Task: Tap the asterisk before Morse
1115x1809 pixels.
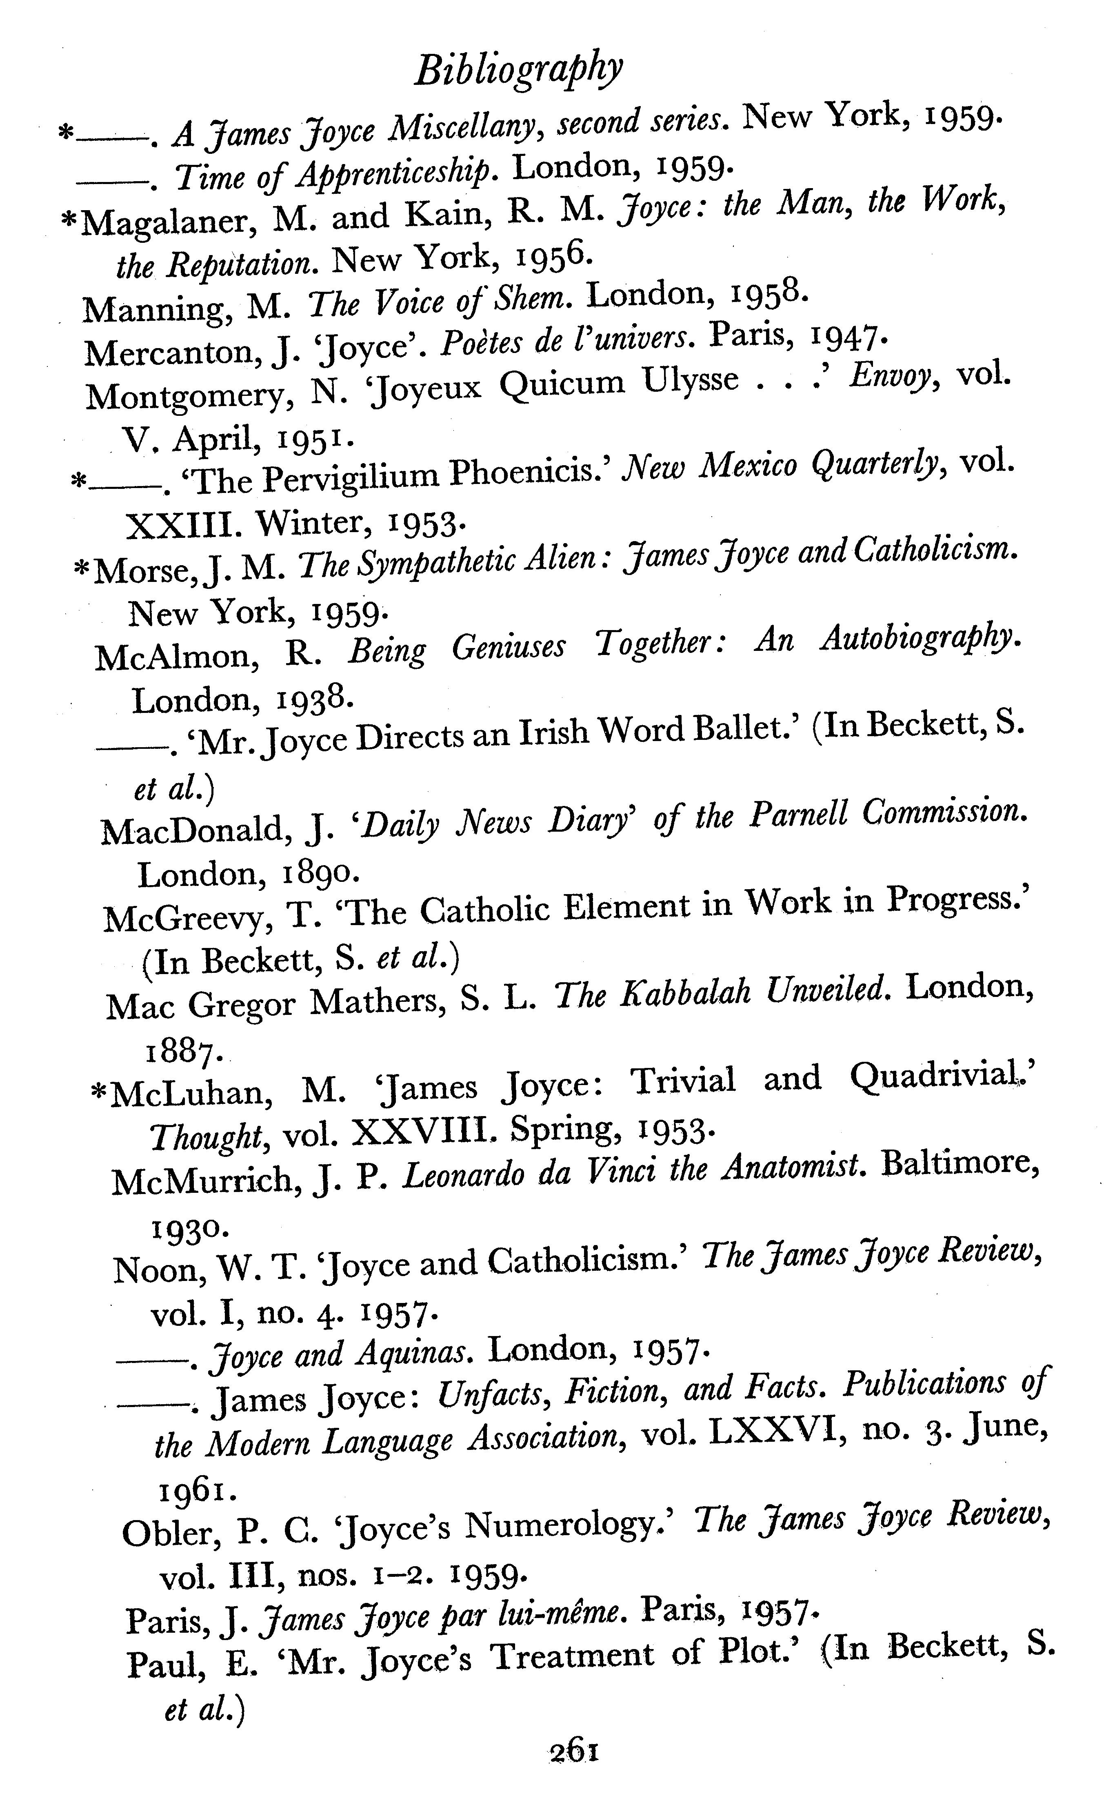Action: [82, 570]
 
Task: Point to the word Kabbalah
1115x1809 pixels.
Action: [685, 995]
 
